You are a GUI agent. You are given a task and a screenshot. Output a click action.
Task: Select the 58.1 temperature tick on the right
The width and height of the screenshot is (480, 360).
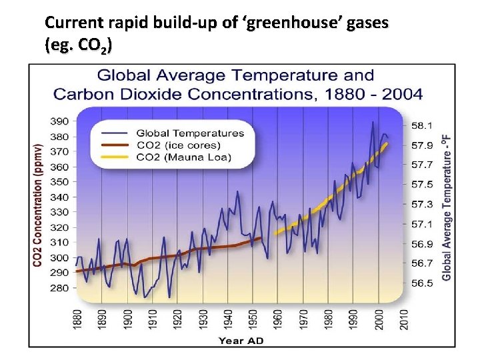tap(422, 125)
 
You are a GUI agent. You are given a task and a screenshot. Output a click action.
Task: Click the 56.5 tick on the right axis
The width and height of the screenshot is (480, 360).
tap(422, 283)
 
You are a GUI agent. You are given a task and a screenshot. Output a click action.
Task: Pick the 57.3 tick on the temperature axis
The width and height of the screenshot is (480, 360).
tap(422, 204)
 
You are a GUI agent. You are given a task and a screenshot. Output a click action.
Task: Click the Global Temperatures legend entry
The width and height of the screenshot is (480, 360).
tap(190, 133)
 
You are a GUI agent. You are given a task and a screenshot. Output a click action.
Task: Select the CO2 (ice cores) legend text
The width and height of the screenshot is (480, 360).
tap(178, 145)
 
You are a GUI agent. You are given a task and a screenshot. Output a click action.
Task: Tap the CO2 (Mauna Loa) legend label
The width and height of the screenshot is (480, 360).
tap(183, 157)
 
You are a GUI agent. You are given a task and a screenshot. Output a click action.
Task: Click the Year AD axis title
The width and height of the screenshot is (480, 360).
tap(241, 341)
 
